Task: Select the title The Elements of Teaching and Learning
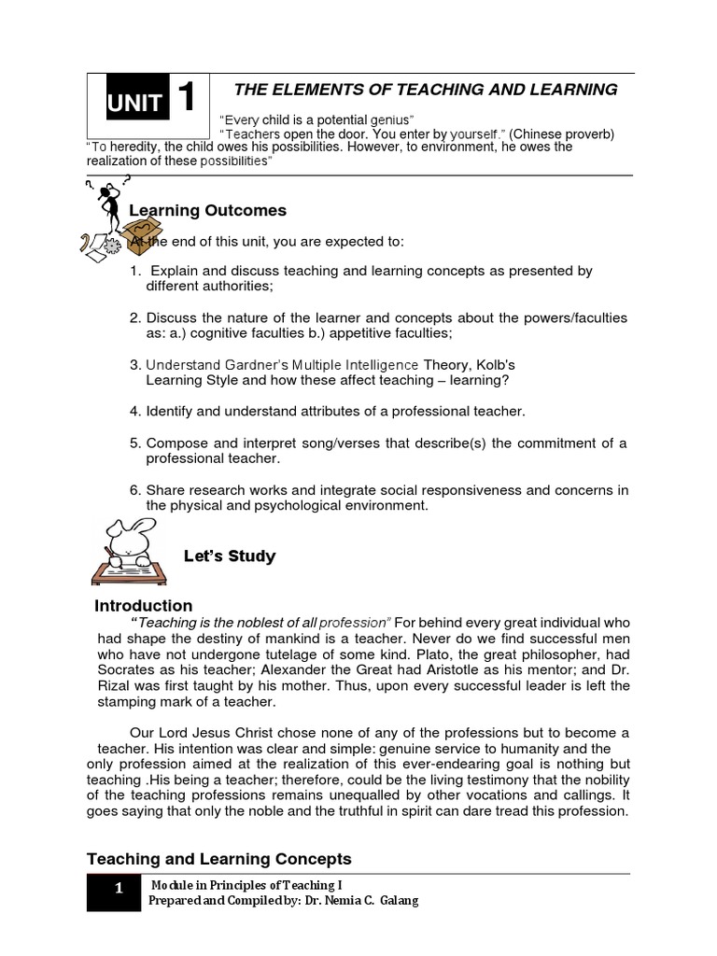[x=425, y=90]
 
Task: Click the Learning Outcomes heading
[x=207, y=210]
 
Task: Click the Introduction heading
[x=144, y=606]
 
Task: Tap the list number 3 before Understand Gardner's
[x=134, y=364]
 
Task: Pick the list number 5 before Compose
[x=134, y=443]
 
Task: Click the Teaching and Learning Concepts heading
[x=219, y=859]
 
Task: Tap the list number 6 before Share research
[x=134, y=490]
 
